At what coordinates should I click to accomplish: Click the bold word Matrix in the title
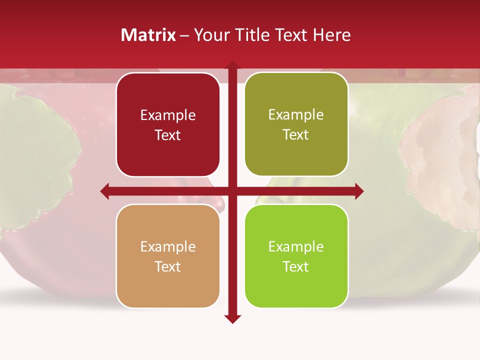click(x=148, y=35)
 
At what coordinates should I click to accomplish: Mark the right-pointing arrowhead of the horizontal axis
click(x=359, y=191)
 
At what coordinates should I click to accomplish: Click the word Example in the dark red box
click(x=168, y=115)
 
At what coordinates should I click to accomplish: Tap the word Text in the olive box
click(x=296, y=135)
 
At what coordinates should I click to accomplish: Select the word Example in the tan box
click(x=168, y=247)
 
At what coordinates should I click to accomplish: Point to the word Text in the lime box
click(x=296, y=266)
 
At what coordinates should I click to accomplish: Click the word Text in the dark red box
click(x=168, y=135)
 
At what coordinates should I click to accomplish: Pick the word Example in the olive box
click(x=296, y=115)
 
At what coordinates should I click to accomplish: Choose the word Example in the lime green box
click(x=296, y=247)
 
